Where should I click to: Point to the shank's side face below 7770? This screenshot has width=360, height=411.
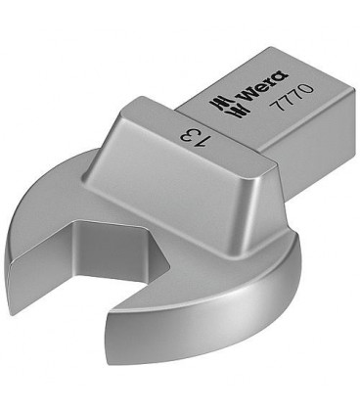tap(293, 137)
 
